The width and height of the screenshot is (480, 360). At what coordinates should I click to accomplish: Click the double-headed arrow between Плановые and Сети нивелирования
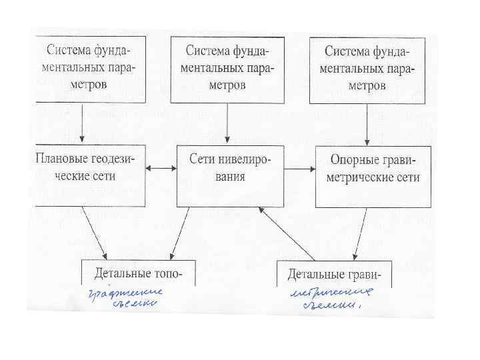[x=161, y=170]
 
